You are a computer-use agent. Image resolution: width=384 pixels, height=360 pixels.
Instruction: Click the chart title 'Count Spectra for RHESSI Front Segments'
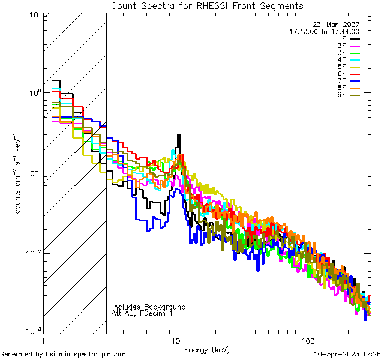click(x=207, y=6)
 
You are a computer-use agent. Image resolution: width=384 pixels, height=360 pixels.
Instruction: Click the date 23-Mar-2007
click(x=337, y=25)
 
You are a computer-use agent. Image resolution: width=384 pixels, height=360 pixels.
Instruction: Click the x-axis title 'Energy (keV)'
click(x=206, y=350)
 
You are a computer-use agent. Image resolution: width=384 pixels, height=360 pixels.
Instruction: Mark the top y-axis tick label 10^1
click(x=34, y=14)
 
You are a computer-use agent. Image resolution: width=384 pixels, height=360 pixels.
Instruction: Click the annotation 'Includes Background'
click(x=149, y=307)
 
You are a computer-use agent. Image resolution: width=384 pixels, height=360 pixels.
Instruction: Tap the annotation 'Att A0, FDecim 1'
click(x=142, y=313)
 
